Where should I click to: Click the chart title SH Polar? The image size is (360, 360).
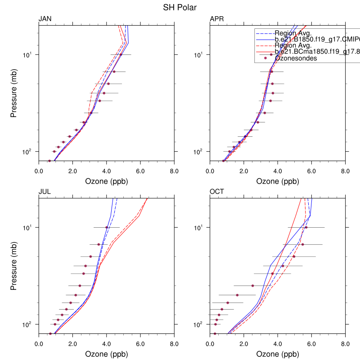coord(180,7)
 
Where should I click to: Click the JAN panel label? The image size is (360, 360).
coord(45,19)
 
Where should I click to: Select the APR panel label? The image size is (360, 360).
coord(217,19)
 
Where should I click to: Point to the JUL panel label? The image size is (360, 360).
coord(45,192)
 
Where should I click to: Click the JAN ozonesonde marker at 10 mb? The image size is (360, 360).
coord(121,54)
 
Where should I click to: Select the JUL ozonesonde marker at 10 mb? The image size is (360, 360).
coord(107,227)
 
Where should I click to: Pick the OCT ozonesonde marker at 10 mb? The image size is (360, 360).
coord(306,227)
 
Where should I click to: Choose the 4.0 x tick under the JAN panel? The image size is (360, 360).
coord(107,171)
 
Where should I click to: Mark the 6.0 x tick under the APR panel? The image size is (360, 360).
coord(311,171)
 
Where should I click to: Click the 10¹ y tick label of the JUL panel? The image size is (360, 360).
coord(29,228)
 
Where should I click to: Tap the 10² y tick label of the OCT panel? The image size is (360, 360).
coord(200,324)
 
